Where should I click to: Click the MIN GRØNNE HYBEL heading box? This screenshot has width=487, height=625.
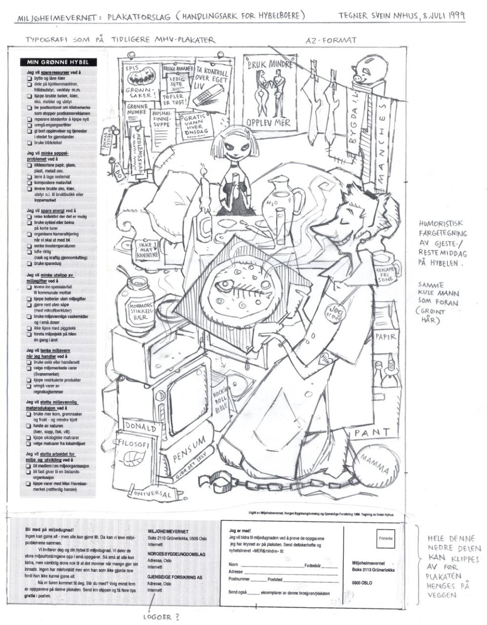tap(59, 62)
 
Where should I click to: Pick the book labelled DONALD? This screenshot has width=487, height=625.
tap(141, 427)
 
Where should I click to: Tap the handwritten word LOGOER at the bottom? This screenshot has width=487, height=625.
tap(161, 617)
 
